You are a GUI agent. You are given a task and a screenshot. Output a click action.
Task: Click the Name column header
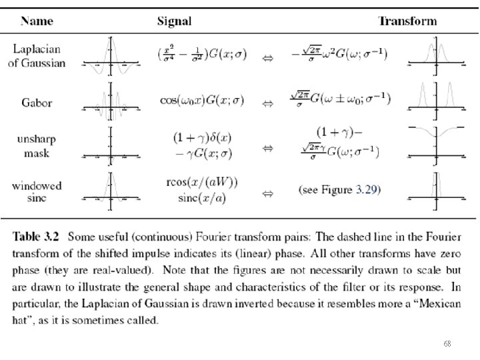pyautogui.click(x=38, y=21)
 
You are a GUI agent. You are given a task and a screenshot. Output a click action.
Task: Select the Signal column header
pyautogui.click(x=174, y=21)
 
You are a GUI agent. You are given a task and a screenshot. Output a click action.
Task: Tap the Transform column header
pyautogui.click(x=407, y=21)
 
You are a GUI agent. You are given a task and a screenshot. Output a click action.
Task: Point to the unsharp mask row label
pyautogui.click(x=36, y=147)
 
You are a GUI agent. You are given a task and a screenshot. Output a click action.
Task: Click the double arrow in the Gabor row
pyautogui.click(x=267, y=104)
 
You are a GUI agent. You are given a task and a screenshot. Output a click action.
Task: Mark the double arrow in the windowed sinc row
pyautogui.click(x=267, y=194)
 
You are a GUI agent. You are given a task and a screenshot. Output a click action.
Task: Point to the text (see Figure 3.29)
pyautogui.click(x=339, y=190)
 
